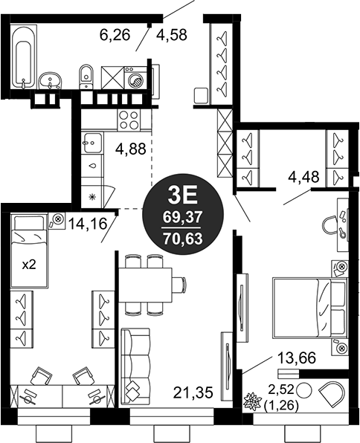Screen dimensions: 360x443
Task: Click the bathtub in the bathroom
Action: click(23, 56)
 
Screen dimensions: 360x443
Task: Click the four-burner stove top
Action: click(129, 120)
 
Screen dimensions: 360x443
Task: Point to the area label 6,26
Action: click(115, 36)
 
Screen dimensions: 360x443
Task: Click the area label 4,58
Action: click(172, 35)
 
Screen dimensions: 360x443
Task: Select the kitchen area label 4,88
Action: click(131, 149)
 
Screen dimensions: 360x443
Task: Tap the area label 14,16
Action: click(89, 224)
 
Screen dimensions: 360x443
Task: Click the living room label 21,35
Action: click(193, 392)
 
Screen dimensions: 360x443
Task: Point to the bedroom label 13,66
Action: click(296, 358)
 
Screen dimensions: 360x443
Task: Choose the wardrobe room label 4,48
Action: click(303, 177)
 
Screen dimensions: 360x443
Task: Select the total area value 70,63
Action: click(183, 239)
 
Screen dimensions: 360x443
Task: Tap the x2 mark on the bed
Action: click(29, 265)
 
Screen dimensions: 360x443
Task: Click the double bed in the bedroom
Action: click(309, 308)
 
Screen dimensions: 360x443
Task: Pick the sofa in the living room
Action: click(135, 366)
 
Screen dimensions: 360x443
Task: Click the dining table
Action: click(145, 285)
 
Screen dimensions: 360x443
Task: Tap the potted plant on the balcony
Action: click(252, 401)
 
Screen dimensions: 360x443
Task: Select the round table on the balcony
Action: click(303, 390)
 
